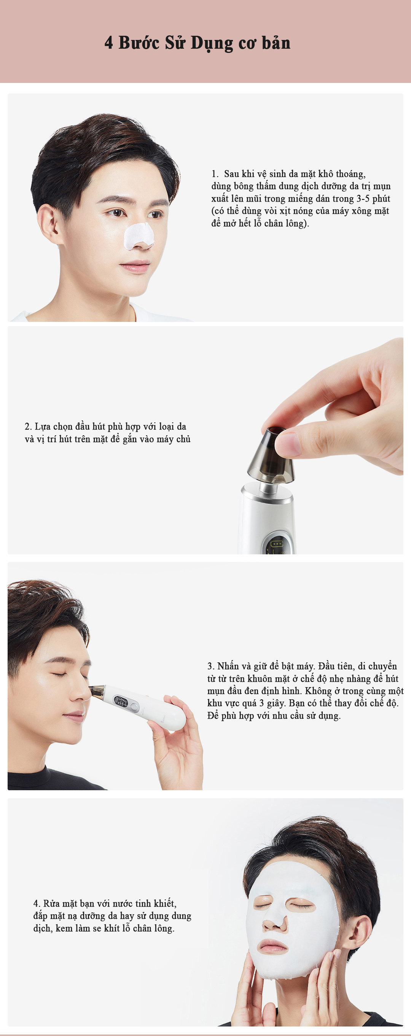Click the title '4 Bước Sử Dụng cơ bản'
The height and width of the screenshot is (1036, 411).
click(x=197, y=43)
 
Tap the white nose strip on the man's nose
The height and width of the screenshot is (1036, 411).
click(x=139, y=236)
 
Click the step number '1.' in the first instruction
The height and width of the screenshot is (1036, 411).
click(x=215, y=174)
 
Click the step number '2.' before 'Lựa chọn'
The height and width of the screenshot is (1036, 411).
click(x=28, y=426)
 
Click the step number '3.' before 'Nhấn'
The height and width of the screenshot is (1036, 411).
click(x=211, y=666)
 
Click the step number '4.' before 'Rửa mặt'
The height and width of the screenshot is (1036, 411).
click(x=37, y=903)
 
